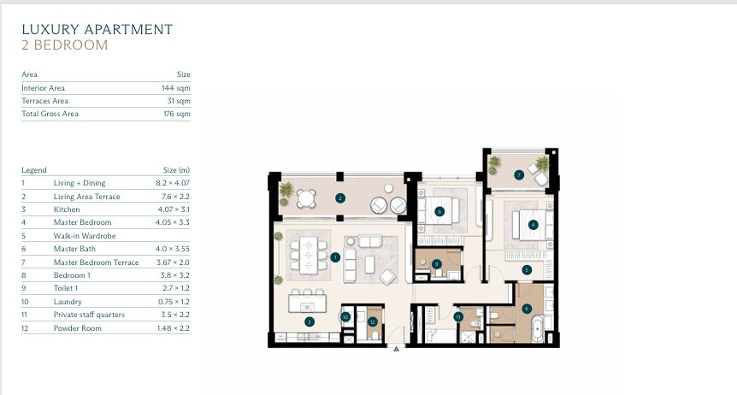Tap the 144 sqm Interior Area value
click(176, 88)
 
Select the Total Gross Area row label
click(50, 114)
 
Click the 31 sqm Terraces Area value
click(179, 101)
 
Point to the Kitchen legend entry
click(67, 209)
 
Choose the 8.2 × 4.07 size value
click(173, 183)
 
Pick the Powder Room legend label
click(78, 328)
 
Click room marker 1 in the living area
click(335, 257)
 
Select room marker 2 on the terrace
click(340, 198)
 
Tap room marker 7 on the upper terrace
click(519, 175)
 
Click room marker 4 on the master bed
click(533, 225)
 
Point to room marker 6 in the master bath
click(527, 309)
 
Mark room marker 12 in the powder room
click(373, 322)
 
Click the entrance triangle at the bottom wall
click(396, 349)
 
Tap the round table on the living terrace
click(306, 198)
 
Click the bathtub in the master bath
click(537, 328)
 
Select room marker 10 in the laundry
click(345, 317)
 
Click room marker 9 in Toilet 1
click(437, 264)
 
